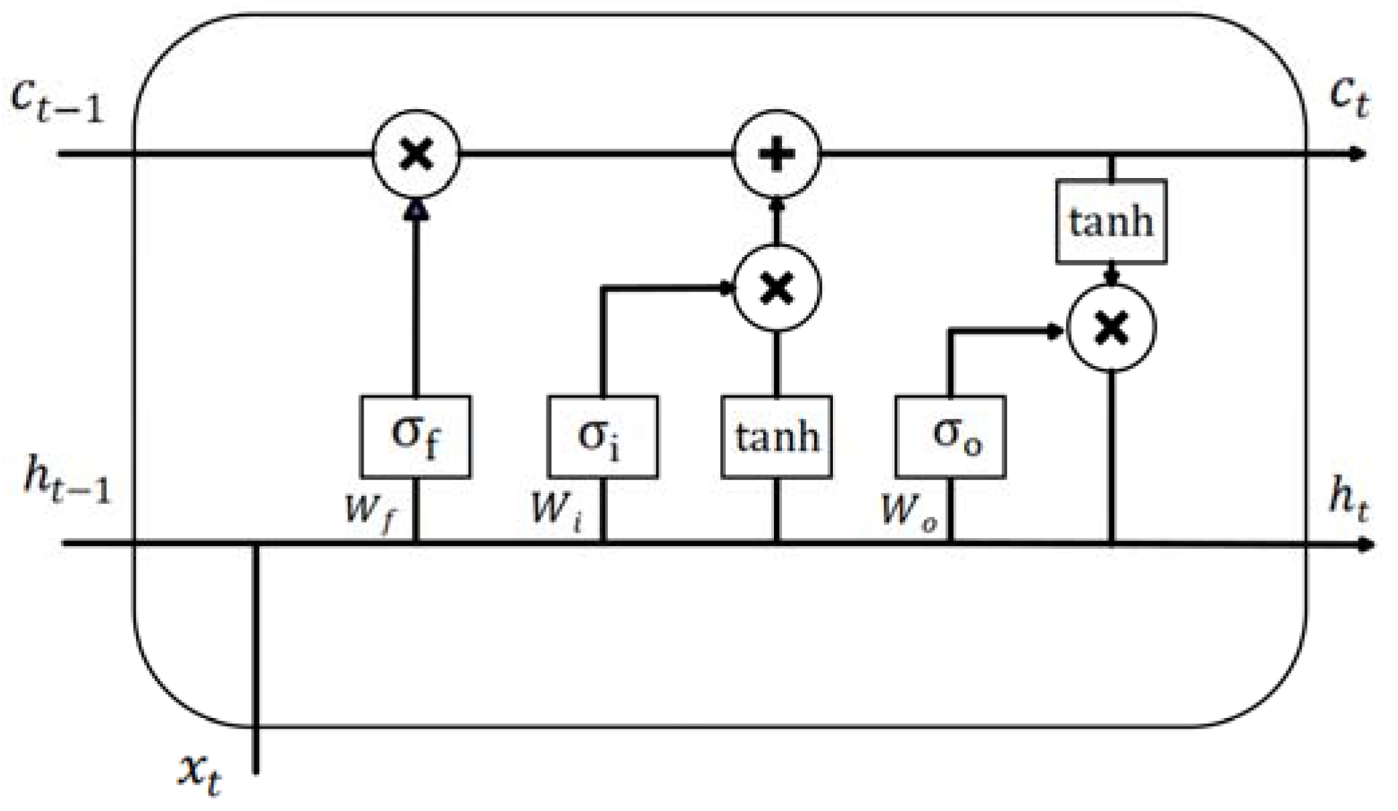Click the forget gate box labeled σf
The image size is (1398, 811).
click(x=415, y=436)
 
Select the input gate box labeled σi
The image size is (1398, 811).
click(x=603, y=436)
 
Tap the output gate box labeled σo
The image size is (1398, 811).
click(x=950, y=436)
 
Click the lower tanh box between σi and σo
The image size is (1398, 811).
click(x=776, y=436)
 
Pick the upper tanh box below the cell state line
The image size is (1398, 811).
click(x=1111, y=221)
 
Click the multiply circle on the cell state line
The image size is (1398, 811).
click(x=416, y=155)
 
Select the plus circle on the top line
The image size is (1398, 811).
click(x=776, y=155)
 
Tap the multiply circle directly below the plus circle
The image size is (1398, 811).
click(x=777, y=288)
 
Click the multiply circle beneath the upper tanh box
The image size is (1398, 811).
click(x=1111, y=328)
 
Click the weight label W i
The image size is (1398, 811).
click(x=556, y=510)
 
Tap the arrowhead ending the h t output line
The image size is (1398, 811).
click(x=1366, y=544)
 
